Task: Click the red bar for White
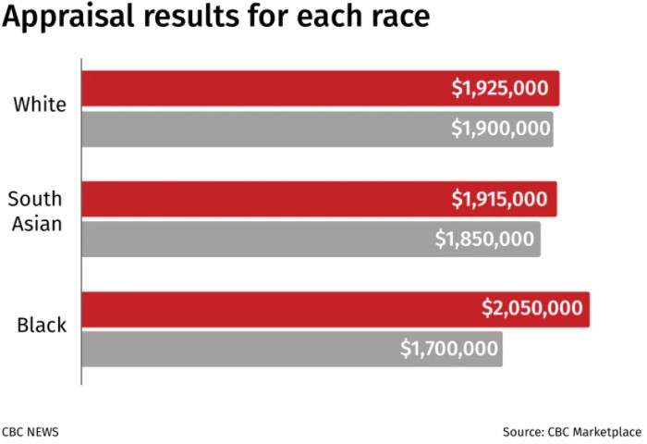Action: (277, 89)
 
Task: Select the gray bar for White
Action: (277, 129)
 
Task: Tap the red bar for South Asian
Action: (277, 199)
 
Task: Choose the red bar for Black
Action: (277, 309)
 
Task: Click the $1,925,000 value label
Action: (500, 89)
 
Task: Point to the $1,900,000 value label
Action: (500, 129)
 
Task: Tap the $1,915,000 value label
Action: (499, 199)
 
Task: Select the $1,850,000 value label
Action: (484, 239)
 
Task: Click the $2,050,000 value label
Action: (532, 309)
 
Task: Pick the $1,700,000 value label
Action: (449, 349)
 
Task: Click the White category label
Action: (40, 104)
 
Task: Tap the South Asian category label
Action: (35, 210)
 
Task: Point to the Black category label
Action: (42, 325)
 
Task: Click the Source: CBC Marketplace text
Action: (571, 430)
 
